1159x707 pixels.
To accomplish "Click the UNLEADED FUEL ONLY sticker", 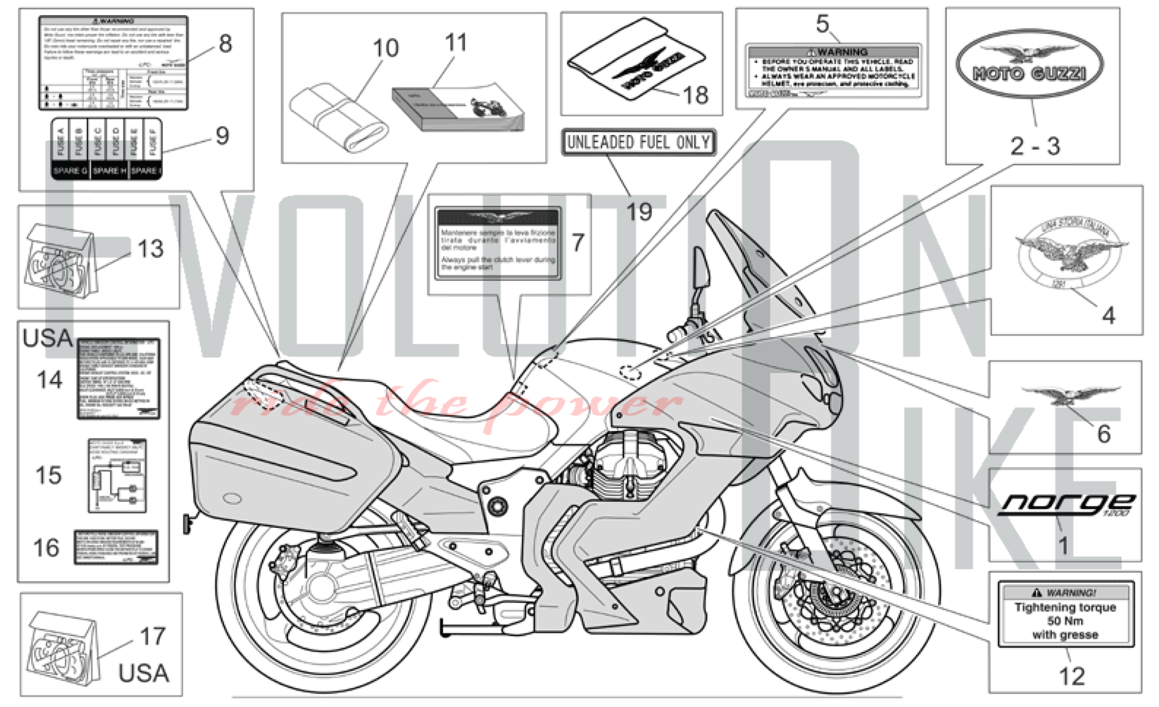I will pos(639,142).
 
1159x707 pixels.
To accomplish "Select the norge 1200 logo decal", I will pos(1065,504).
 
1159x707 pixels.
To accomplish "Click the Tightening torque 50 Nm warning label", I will pos(1065,614).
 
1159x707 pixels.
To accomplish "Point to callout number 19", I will pos(639,212).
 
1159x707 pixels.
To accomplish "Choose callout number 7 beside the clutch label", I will pos(577,242).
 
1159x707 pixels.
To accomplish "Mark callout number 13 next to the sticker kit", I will pos(151,249).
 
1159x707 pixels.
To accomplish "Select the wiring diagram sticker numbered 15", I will pos(117,476).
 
